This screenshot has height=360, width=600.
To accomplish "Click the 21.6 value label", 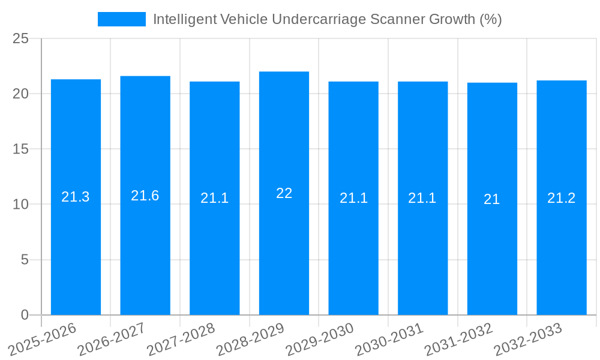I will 145,196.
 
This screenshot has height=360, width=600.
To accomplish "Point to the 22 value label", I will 284,193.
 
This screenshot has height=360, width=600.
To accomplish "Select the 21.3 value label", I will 76,197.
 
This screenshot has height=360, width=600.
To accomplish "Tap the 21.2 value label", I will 562,198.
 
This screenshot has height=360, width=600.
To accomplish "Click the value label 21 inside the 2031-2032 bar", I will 492,199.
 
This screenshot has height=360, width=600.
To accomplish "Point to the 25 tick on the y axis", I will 20,38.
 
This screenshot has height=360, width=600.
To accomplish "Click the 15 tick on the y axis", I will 20,149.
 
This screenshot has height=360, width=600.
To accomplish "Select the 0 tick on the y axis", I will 25,315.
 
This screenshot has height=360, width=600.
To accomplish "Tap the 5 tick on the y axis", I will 25,260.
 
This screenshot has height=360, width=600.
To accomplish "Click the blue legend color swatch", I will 122,19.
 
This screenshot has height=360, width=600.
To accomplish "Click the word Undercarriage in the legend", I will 317,19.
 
